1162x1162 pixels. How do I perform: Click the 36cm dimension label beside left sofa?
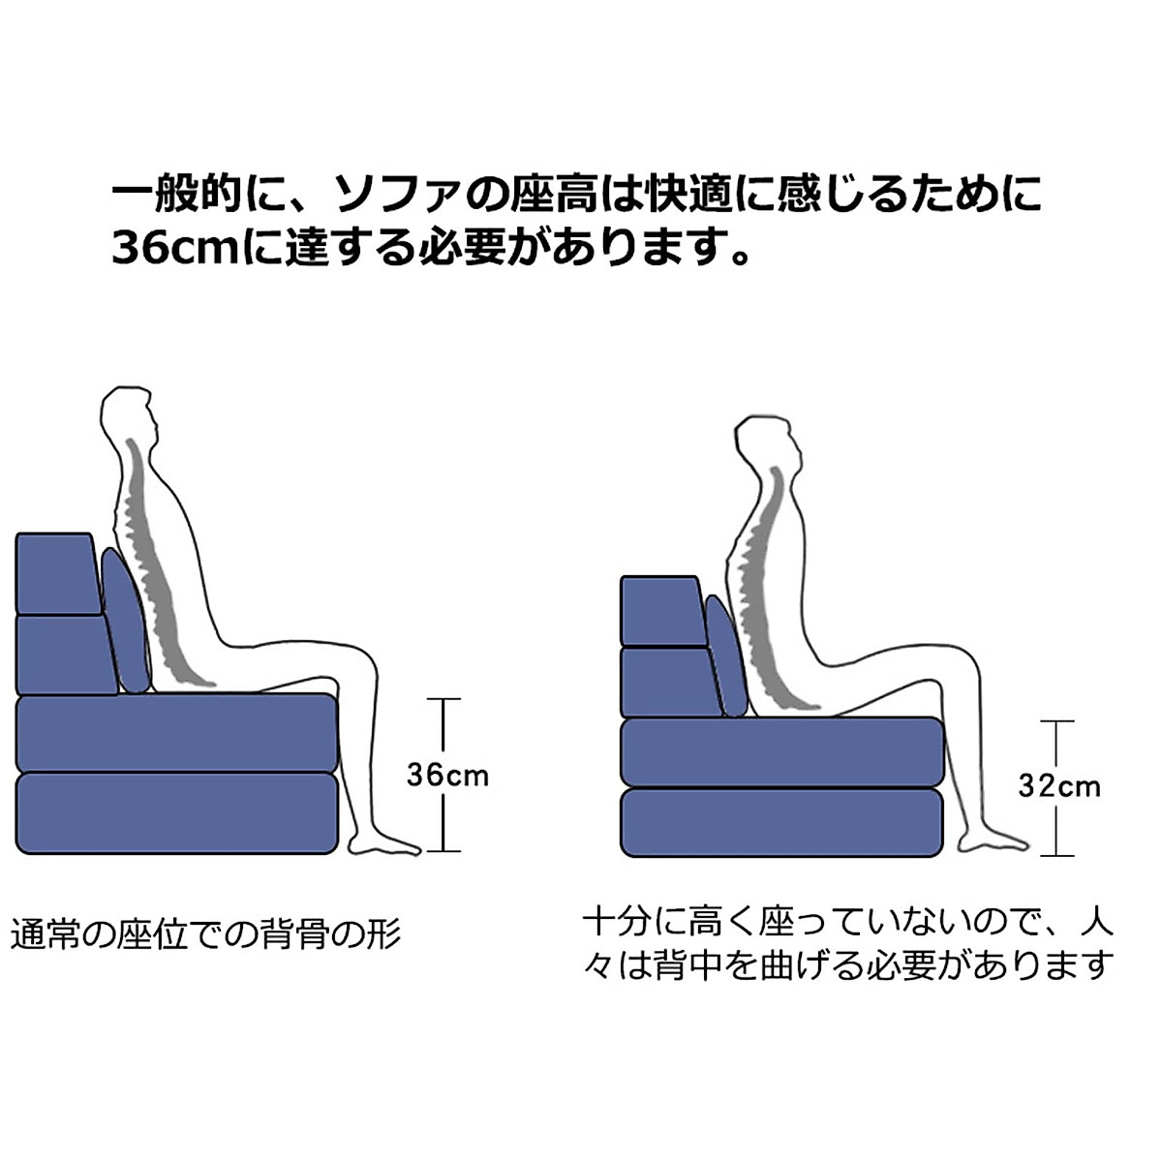tap(447, 775)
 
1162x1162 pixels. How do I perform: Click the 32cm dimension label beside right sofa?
tap(1059, 784)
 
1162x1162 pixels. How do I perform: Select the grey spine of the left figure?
tap(150, 562)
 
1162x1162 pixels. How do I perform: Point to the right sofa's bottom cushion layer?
tap(780, 823)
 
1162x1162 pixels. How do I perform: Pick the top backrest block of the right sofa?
tap(660, 610)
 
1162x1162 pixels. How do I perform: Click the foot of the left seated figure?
tap(392, 843)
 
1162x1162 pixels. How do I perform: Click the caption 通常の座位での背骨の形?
tap(205, 935)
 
